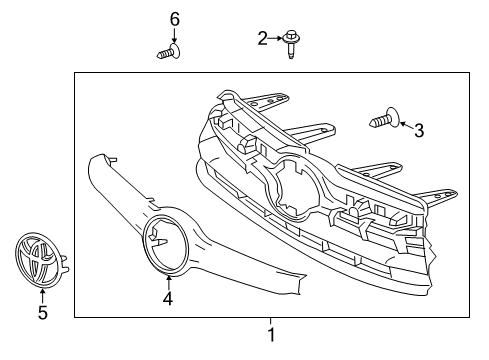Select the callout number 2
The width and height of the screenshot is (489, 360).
263,38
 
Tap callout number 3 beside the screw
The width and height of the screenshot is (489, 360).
419,130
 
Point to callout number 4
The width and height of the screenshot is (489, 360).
168,298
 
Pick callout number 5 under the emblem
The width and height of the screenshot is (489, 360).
42,314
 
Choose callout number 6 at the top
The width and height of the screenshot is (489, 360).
174,19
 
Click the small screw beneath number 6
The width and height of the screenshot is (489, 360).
167,52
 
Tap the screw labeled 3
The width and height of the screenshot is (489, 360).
385,121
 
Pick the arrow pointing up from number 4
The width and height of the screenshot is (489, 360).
168,281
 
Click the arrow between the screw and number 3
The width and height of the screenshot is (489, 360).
404,126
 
